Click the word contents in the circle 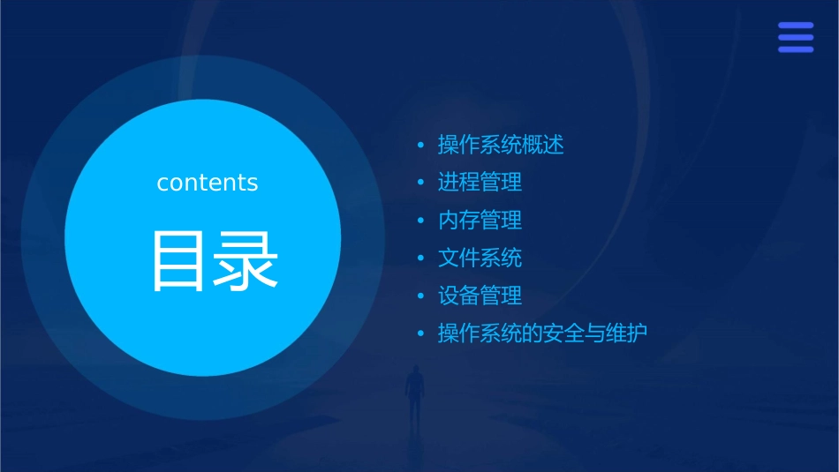point(208,183)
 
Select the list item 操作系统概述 point(501,145)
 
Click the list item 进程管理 point(480,183)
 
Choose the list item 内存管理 point(480,221)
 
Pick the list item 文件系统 point(480,258)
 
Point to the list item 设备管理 point(480,296)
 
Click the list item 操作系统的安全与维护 point(542,334)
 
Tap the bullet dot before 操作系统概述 point(420,145)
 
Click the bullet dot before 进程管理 point(420,183)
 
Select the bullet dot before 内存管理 point(420,221)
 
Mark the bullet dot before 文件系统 point(420,258)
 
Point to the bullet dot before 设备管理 point(420,296)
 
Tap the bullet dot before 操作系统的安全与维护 point(420,334)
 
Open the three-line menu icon point(796,37)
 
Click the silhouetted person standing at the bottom point(414,393)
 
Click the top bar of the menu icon point(796,26)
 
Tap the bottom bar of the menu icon point(796,49)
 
